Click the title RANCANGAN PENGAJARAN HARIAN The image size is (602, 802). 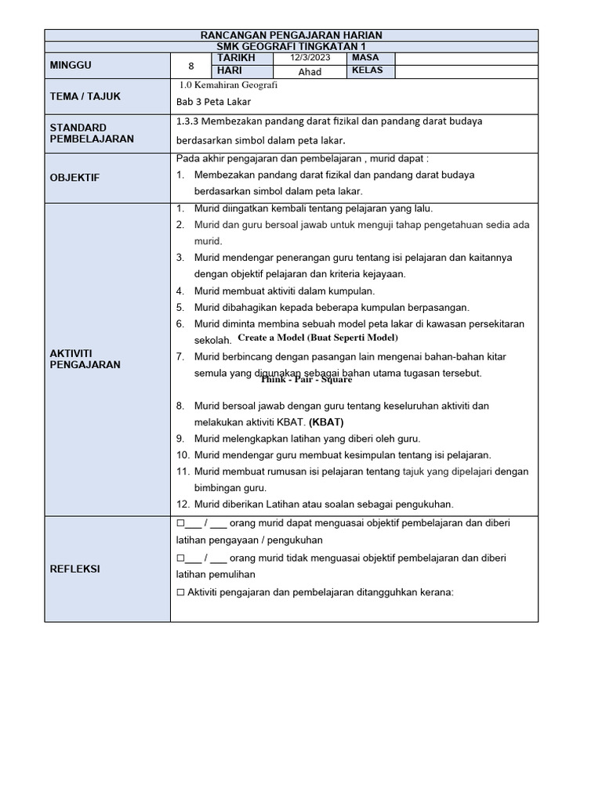pos(291,35)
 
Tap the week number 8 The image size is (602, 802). pos(190,66)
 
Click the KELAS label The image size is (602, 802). pos(368,71)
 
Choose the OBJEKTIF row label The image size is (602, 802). pos(75,178)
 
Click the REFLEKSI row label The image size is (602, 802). pos(78,569)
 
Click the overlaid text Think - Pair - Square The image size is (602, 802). pos(306,380)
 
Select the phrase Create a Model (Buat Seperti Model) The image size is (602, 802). pos(317,338)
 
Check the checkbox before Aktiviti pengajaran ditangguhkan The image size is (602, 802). pos(180,592)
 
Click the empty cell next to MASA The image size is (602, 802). pos(466,59)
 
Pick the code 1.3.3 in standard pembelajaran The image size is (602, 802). pos(189,121)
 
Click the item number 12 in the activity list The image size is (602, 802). pos(183,504)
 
